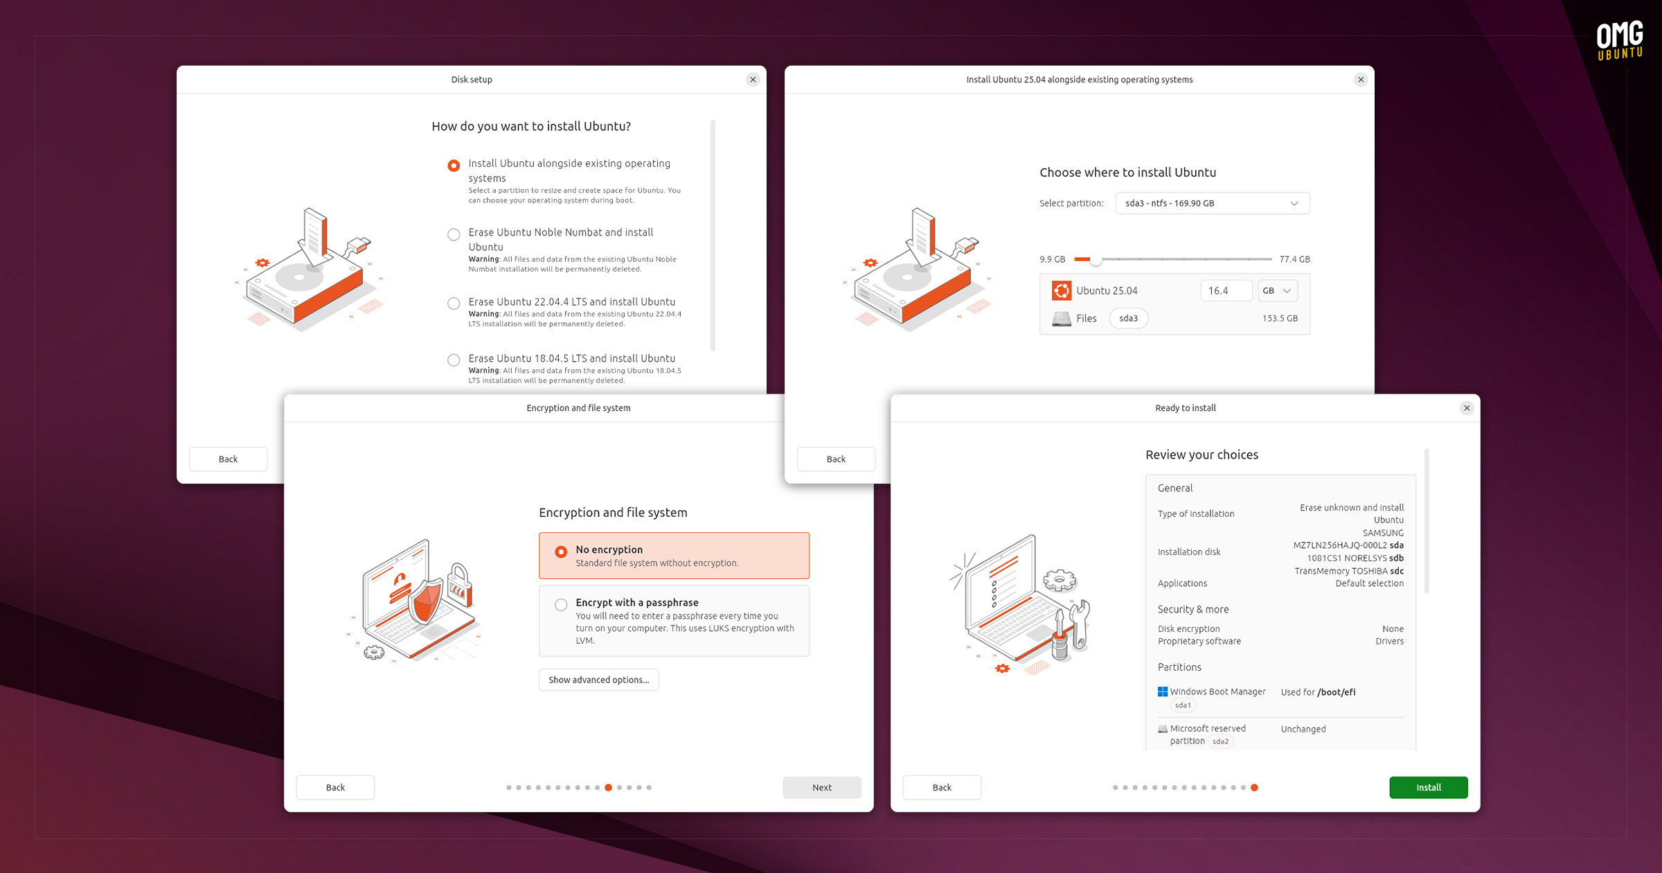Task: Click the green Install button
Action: tap(1428, 787)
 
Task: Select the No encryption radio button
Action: tap(561, 552)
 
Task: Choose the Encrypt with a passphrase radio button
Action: tap(561, 605)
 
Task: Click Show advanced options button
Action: tap(598, 680)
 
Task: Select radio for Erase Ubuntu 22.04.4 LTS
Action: tap(454, 303)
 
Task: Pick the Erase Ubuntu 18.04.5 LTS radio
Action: tap(454, 360)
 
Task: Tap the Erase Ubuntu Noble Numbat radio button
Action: tap(454, 234)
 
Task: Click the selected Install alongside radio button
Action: tap(454, 166)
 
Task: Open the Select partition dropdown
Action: tap(1213, 203)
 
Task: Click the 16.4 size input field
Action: tap(1226, 290)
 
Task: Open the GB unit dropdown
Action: tap(1278, 290)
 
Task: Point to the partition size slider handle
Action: tap(1096, 260)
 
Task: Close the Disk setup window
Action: tap(753, 80)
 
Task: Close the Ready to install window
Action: tap(1467, 408)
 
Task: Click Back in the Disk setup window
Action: tap(228, 459)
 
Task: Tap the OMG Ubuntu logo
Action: tap(1620, 40)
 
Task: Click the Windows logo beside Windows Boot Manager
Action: tap(1163, 691)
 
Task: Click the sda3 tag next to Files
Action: tap(1129, 318)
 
